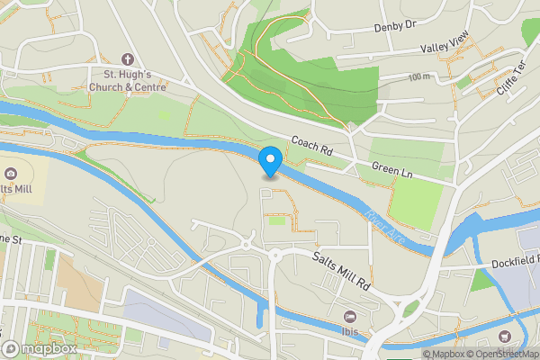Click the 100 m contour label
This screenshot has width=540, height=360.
418,77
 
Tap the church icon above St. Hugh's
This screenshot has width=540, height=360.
126,58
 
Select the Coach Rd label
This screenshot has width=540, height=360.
312,146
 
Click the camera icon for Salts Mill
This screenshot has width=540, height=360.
10,174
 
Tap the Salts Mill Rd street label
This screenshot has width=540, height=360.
343,269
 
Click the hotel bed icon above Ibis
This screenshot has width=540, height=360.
351,315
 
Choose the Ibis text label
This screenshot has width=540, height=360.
351,329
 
